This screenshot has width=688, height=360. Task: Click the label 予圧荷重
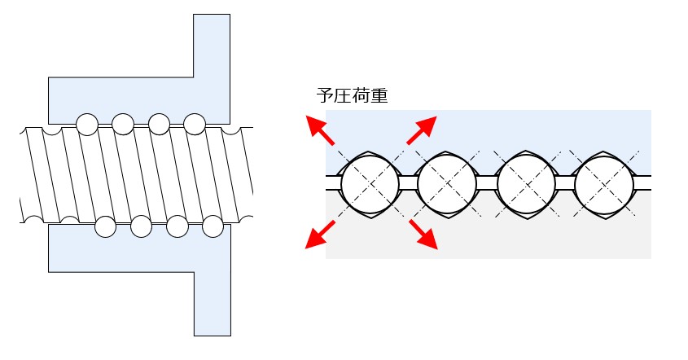point(351,96)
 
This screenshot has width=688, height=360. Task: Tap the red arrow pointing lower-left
point(318,235)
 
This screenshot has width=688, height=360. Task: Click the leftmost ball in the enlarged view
point(370,183)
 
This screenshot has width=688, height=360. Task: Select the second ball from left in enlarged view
point(445,183)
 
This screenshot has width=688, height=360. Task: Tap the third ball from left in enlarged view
point(525,183)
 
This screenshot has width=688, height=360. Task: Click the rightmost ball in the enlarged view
point(603,183)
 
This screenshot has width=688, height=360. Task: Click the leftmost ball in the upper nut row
point(86,124)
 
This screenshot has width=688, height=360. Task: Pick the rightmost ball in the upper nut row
point(195,124)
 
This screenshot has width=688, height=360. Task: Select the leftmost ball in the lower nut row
point(105,226)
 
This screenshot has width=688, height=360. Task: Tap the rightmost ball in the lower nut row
point(213,226)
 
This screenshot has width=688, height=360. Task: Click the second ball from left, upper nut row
point(123,124)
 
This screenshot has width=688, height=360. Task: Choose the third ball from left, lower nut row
point(177,226)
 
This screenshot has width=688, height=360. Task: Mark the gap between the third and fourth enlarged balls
point(564,183)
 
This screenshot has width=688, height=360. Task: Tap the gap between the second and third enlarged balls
point(485,183)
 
